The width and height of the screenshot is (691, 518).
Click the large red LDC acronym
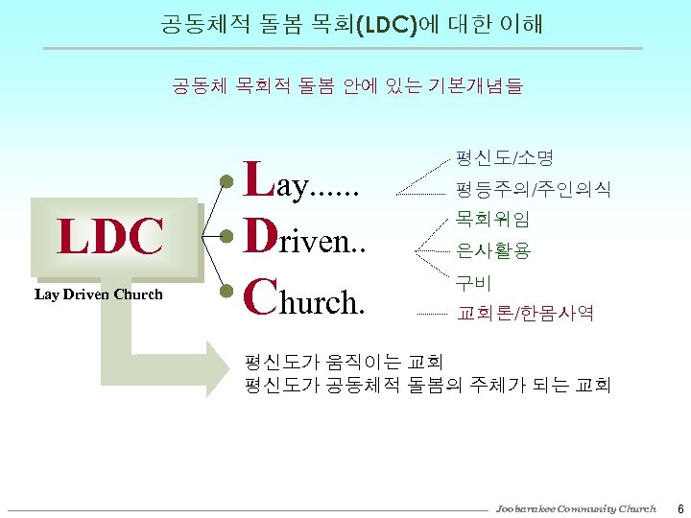pyautogui.click(x=110, y=236)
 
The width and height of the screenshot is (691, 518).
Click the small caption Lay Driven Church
pyautogui.click(x=99, y=294)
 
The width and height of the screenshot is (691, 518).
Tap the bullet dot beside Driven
pyautogui.click(x=226, y=236)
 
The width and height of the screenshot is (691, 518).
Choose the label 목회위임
pyautogui.click(x=493, y=220)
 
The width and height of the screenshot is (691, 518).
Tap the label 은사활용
pyautogui.click(x=493, y=251)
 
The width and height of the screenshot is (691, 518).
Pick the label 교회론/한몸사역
pyautogui.click(x=525, y=313)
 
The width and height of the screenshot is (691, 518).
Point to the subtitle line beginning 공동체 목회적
pyautogui.click(x=346, y=86)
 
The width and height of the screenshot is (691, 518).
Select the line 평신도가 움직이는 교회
pyautogui.click(x=344, y=362)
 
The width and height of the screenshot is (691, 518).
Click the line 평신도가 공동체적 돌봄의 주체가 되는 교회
pyautogui.click(x=427, y=386)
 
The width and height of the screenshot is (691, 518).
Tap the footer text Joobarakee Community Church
pyautogui.click(x=576, y=507)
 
